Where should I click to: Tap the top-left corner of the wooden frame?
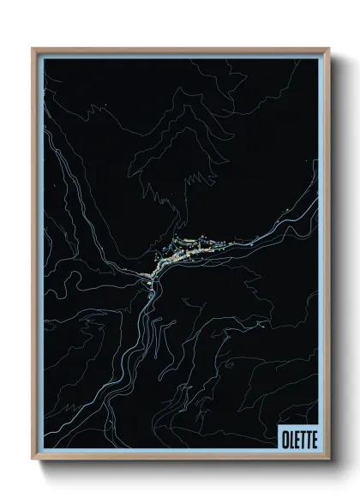[x=33, y=49]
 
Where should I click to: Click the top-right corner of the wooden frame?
[x=329, y=49]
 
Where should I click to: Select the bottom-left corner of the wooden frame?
[x=33, y=459]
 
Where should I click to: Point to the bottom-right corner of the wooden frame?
[x=329, y=459]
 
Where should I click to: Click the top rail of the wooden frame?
[x=180, y=50]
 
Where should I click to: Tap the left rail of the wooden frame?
[x=33, y=257]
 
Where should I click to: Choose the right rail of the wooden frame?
[x=328, y=257]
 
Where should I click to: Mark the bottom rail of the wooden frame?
[x=180, y=458]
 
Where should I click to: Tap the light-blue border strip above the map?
[x=180, y=56]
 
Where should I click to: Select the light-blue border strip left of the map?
[x=39, y=257]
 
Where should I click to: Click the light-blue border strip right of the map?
[x=321, y=257]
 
